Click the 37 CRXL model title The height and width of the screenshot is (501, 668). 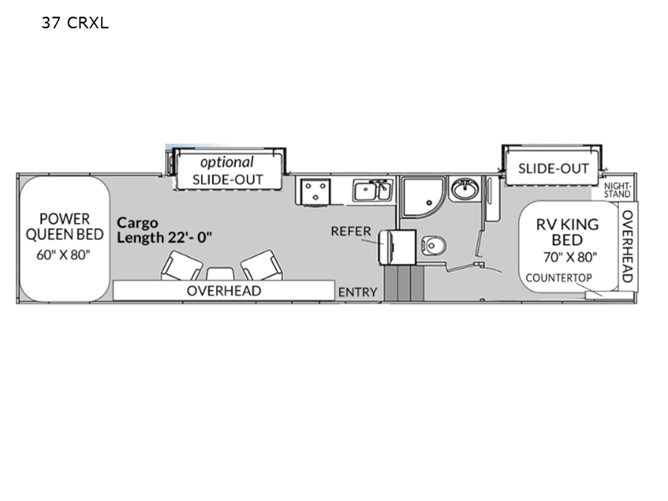point(75,23)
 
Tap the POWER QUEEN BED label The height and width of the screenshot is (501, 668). point(65,226)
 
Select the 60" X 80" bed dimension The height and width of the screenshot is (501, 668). point(63,255)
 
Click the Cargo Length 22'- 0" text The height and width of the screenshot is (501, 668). point(164,230)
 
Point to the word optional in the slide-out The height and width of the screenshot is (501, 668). point(226,162)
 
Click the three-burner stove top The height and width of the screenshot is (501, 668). point(316,192)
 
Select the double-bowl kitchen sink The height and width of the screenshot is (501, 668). point(372,190)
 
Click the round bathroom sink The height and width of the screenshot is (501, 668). point(465,189)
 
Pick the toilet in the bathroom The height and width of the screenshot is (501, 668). point(433,245)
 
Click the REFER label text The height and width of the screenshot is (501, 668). point(351,231)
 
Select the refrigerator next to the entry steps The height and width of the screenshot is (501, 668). point(397,247)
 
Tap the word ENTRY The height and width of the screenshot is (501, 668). point(358,292)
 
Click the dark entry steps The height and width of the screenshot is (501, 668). point(404,283)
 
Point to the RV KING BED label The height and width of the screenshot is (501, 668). point(567,232)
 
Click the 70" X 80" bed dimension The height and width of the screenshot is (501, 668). point(570,257)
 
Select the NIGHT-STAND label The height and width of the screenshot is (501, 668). point(617,190)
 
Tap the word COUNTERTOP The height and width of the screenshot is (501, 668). point(559,278)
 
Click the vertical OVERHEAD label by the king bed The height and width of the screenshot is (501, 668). point(628,246)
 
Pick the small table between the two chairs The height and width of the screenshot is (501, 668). point(220,274)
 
